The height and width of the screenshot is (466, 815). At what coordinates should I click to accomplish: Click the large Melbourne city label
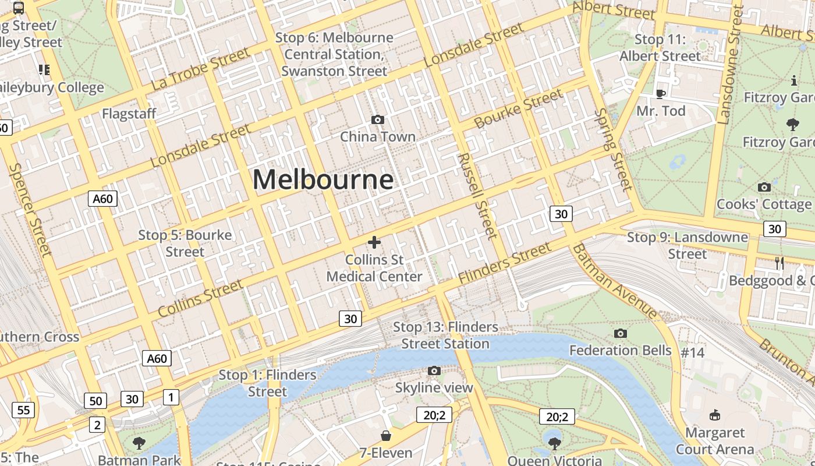click(323, 179)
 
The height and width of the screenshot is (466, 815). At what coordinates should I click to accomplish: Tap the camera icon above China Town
click(378, 119)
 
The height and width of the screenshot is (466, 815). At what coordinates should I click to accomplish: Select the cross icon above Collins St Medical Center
click(374, 242)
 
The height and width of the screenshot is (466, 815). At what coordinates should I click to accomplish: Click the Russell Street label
click(477, 196)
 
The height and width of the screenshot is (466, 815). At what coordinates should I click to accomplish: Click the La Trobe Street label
click(200, 69)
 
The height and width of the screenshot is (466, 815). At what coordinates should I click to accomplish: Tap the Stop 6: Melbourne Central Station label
click(334, 54)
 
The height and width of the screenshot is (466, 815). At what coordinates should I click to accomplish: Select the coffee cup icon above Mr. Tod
click(660, 93)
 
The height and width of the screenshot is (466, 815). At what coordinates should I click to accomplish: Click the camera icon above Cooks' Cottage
click(764, 187)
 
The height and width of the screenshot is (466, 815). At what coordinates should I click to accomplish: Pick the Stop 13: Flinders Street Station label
click(445, 335)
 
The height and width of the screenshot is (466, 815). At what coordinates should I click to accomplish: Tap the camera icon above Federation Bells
click(621, 333)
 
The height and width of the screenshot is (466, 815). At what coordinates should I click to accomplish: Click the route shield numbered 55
click(23, 409)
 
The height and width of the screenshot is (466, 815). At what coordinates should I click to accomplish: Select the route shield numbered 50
click(95, 401)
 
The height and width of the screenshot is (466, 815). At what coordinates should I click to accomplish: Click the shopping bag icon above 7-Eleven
click(385, 436)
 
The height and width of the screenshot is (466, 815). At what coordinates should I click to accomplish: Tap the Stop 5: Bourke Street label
click(185, 243)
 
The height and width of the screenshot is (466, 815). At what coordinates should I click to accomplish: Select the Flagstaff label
click(129, 114)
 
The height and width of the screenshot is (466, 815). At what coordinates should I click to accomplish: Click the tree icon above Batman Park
click(139, 443)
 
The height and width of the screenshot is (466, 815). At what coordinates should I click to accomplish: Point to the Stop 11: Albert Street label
click(660, 48)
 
